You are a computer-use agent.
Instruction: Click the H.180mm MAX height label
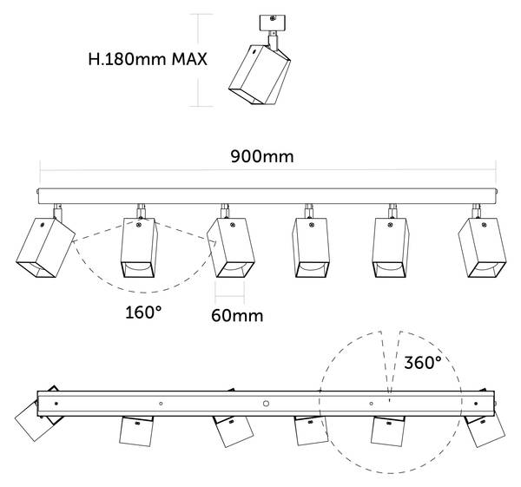pos(148,59)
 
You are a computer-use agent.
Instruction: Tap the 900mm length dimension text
pos(262,156)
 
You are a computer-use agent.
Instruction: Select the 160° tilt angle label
pos(143,313)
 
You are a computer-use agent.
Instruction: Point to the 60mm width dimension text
pos(237,315)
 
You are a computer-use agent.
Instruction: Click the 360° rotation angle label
pos(423,362)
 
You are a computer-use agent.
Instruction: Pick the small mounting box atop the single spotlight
pos(272,23)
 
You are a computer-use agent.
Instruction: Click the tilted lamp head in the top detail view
pos(260,75)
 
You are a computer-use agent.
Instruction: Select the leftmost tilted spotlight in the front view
pos(45,247)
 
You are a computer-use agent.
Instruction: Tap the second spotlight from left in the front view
pos(139,247)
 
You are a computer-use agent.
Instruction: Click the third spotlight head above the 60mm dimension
pos(231,247)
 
